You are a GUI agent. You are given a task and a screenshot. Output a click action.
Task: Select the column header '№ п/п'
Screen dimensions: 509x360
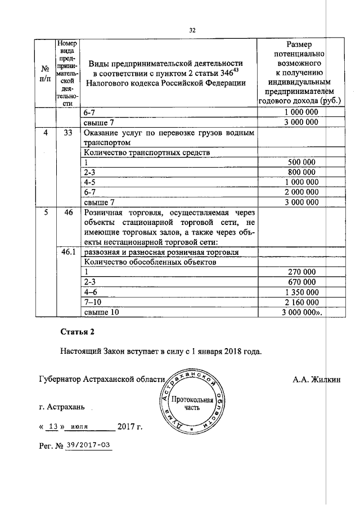click(x=44, y=73)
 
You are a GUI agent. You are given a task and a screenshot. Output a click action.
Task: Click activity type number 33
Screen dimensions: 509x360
click(x=69, y=133)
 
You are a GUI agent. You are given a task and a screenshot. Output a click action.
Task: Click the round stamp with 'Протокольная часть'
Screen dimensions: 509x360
click(x=192, y=403)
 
